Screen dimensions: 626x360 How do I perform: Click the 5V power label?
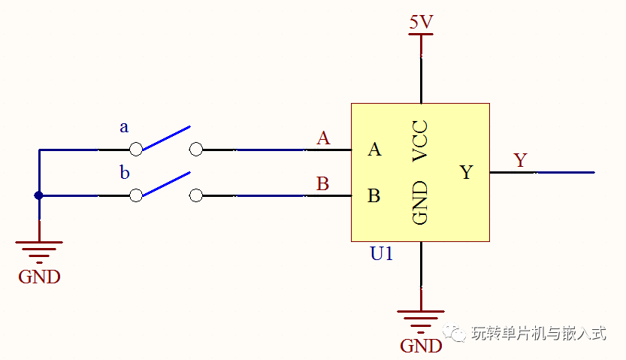point(421,22)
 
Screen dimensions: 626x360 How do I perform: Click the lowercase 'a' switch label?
point(124,127)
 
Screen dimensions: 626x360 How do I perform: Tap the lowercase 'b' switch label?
point(125,172)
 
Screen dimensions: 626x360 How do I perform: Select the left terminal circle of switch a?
point(136,150)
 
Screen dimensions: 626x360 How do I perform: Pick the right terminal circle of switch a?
point(195,150)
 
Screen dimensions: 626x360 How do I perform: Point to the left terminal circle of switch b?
point(136,195)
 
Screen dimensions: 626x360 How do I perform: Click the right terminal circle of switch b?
point(195,195)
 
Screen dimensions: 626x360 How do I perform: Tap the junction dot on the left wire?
point(39,195)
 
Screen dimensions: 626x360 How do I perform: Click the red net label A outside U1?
point(323,138)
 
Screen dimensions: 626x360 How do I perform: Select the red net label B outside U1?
point(322,184)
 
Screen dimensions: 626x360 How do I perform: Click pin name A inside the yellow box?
point(374,150)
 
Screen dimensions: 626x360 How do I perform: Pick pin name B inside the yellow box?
point(373,195)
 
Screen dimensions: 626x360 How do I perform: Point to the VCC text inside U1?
point(420,141)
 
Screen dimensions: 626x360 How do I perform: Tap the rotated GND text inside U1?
point(420,202)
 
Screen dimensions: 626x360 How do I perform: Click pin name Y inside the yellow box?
point(466,172)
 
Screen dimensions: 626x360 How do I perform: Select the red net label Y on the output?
point(521,160)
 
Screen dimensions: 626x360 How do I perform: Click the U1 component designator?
point(381,253)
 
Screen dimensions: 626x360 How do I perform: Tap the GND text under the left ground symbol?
point(39,277)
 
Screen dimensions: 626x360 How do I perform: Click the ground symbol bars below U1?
point(421,322)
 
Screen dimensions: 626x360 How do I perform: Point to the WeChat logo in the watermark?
point(454,332)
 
